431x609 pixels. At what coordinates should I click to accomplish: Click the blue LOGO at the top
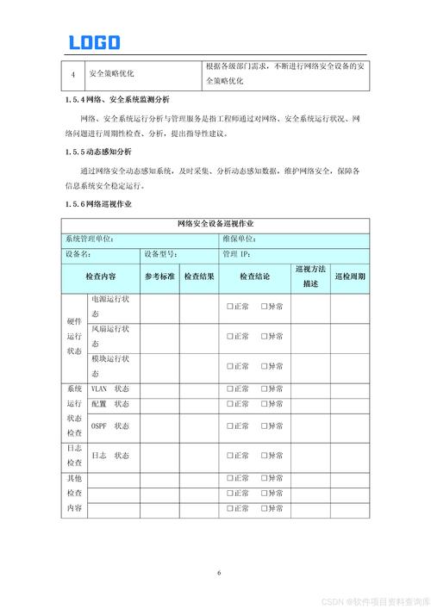(95, 41)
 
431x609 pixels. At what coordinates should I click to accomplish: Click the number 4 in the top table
(73, 74)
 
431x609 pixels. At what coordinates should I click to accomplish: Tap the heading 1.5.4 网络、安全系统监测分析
(116, 100)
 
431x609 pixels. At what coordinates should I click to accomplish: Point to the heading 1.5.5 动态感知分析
(102, 152)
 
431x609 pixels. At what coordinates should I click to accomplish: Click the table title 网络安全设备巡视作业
(215, 224)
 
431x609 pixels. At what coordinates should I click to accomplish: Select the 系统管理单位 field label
(90, 239)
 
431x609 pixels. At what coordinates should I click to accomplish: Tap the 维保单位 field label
(239, 239)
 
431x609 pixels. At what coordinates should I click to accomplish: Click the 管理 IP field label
(236, 254)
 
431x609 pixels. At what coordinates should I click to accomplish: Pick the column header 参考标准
(159, 277)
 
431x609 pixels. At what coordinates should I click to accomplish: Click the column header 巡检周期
(350, 277)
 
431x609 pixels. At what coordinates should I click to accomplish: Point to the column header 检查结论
(254, 277)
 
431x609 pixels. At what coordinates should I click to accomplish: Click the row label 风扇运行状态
(110, 336)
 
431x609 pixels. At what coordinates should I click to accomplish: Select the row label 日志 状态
(110, 455)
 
